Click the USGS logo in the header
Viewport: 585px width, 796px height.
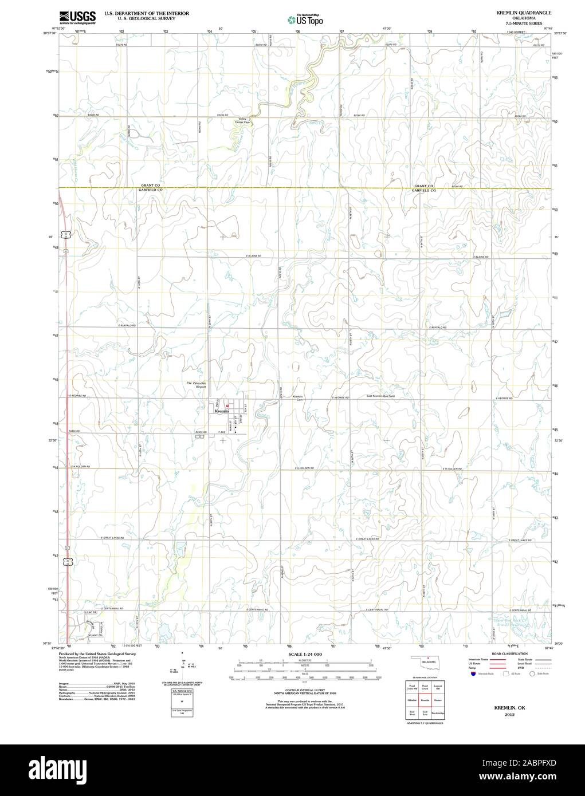(77, 17)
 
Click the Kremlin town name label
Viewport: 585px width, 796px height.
(221, 411)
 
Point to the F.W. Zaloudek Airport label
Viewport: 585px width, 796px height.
(196, 385)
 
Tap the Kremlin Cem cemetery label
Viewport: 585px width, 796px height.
(298, 398)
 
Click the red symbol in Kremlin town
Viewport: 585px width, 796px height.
(227, 406)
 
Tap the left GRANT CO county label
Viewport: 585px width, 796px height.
(150, 186)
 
